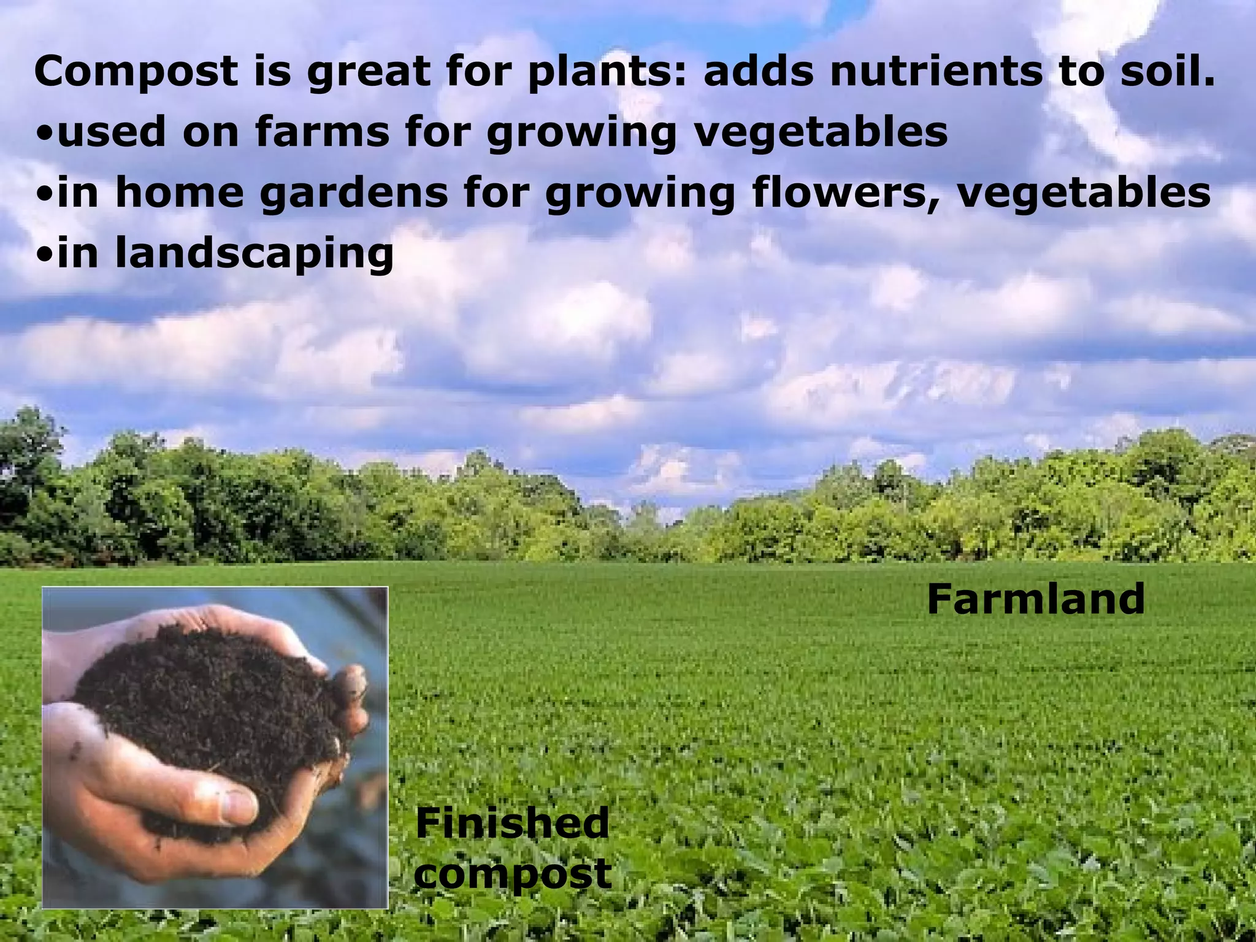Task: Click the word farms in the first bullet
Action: (323, 131)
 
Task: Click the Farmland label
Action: (1036, 599)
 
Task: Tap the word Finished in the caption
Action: (513, 823)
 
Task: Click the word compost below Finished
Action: (513, 873)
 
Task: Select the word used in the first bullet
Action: (113, 131)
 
